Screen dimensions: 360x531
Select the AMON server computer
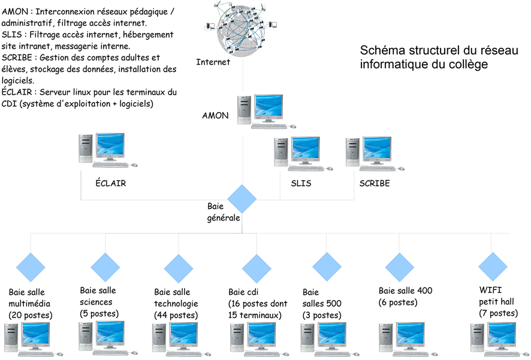pos(266,111)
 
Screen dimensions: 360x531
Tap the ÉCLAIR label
pos(111,183)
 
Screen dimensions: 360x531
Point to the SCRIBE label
pos(375,183)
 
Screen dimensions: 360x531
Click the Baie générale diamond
pos(242,199)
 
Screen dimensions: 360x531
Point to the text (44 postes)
pos(176,315)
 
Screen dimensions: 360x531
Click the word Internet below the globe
pos(213,62)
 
